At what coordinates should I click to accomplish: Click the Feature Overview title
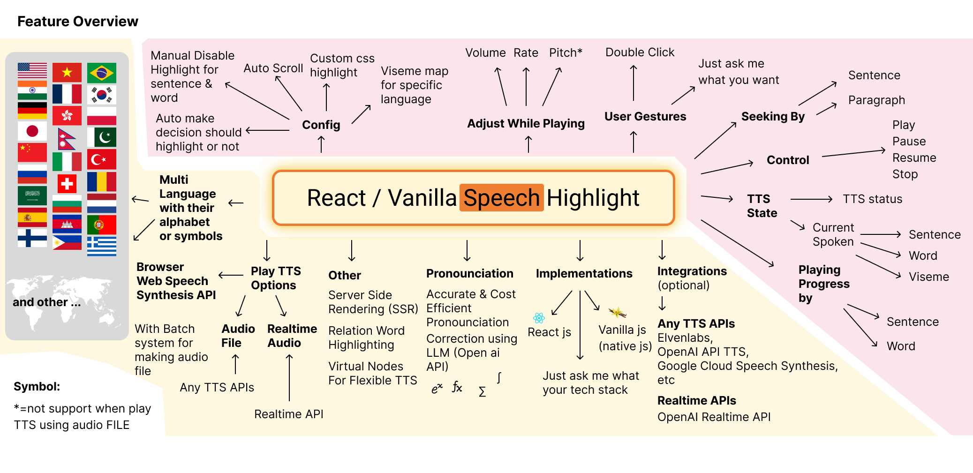tap(78, 22)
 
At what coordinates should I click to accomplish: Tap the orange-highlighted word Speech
tap(501, 198)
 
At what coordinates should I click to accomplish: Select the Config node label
tap(321, 125)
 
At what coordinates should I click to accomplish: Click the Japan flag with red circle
tap(32, 131)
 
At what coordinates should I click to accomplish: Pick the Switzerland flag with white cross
tap(67, 183)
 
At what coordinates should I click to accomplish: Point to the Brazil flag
tap(102, 73)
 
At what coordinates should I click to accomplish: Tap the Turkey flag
tap(102, 160)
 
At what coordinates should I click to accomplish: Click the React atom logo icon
tap(539, 318)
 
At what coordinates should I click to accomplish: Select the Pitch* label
tap(566, 53)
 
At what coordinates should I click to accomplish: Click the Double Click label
tap(640, 53)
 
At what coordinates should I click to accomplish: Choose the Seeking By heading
tap(773, 117)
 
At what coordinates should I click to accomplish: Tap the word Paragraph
tap(876, 100)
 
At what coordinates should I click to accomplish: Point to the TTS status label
tap(872, 199)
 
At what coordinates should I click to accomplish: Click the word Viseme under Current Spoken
tap(928, 277)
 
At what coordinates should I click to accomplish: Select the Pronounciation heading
tap(469, 274)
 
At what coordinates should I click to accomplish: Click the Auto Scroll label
tap(273, 68)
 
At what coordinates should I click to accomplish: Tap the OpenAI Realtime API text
tap(714, 417)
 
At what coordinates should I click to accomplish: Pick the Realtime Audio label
tap(292, 336)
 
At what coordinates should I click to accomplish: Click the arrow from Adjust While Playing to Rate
tap(526, 87)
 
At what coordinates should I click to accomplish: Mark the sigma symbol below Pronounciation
tap(482, 392)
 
